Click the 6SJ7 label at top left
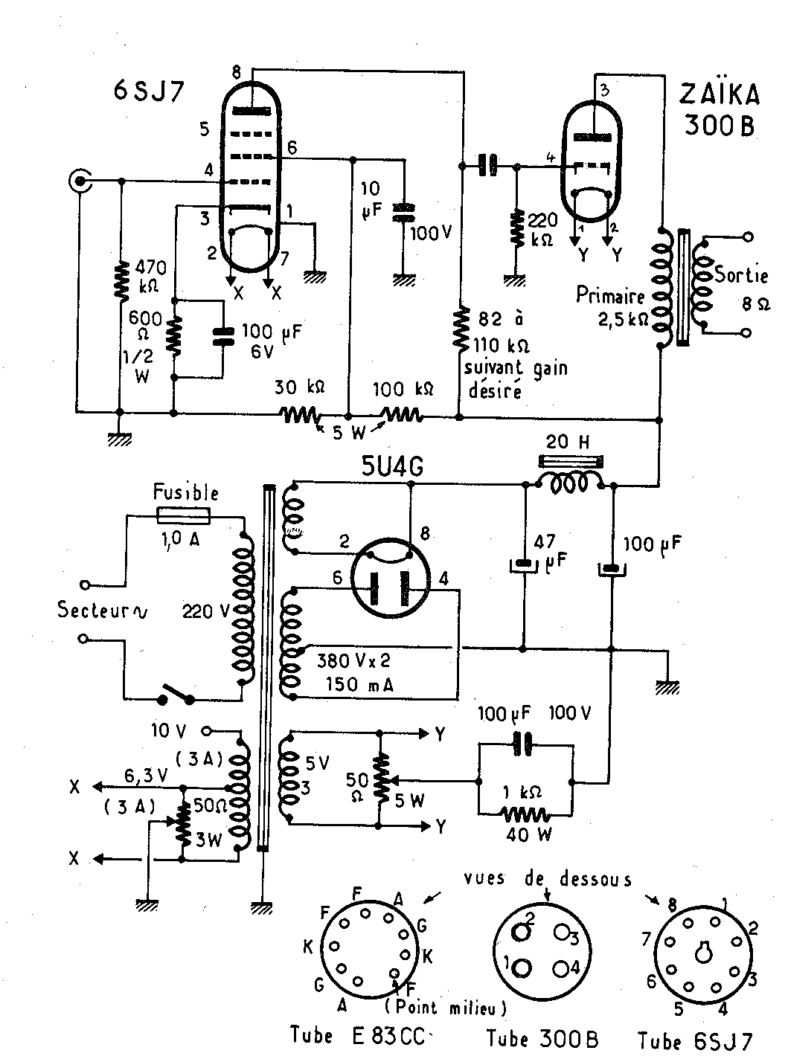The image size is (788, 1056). click(x=149, y=91)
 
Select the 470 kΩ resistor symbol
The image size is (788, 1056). click(x=121, y=280)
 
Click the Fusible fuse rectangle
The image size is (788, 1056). click(x=183, y=516)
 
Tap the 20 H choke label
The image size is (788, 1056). click(x=568, y=442)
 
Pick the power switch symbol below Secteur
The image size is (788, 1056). click(x=177, y=695)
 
